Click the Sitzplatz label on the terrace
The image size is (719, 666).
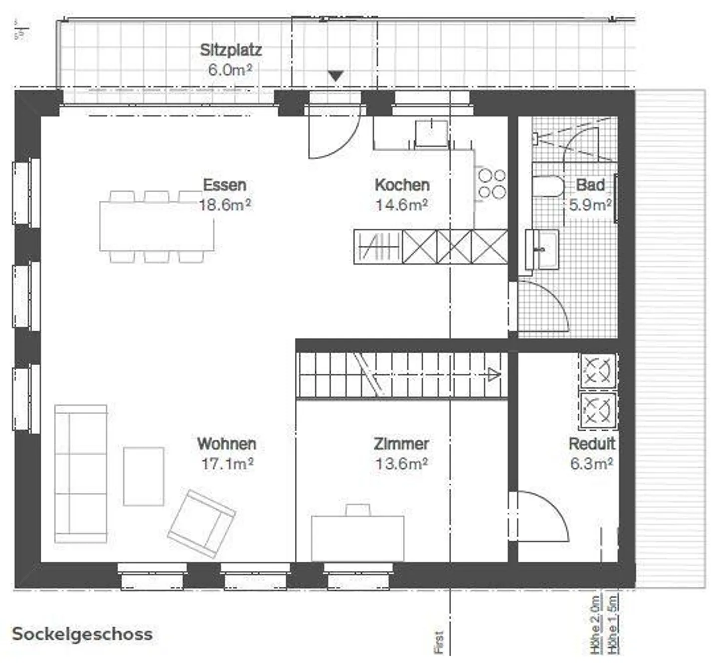[231, 50]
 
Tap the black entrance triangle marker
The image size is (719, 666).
[336, 76]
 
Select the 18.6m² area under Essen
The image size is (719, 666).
[225, 205]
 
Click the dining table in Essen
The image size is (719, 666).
[157, 226]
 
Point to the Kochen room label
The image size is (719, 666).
[402, 185]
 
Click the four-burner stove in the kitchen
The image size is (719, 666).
[492, 183]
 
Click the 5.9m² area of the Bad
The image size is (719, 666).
[590, 205]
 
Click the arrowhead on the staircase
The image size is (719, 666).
[494, 375]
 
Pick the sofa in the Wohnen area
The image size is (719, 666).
[81, 473]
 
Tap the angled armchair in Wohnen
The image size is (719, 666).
[201, 523]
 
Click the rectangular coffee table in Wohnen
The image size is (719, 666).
[144, 476]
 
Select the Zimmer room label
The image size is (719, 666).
[401, 444]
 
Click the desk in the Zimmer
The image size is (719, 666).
[358, 538]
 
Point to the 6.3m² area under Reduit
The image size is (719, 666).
[591, 464]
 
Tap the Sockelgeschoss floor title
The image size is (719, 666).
[82, 634]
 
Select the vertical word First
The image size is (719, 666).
[439, 642]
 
